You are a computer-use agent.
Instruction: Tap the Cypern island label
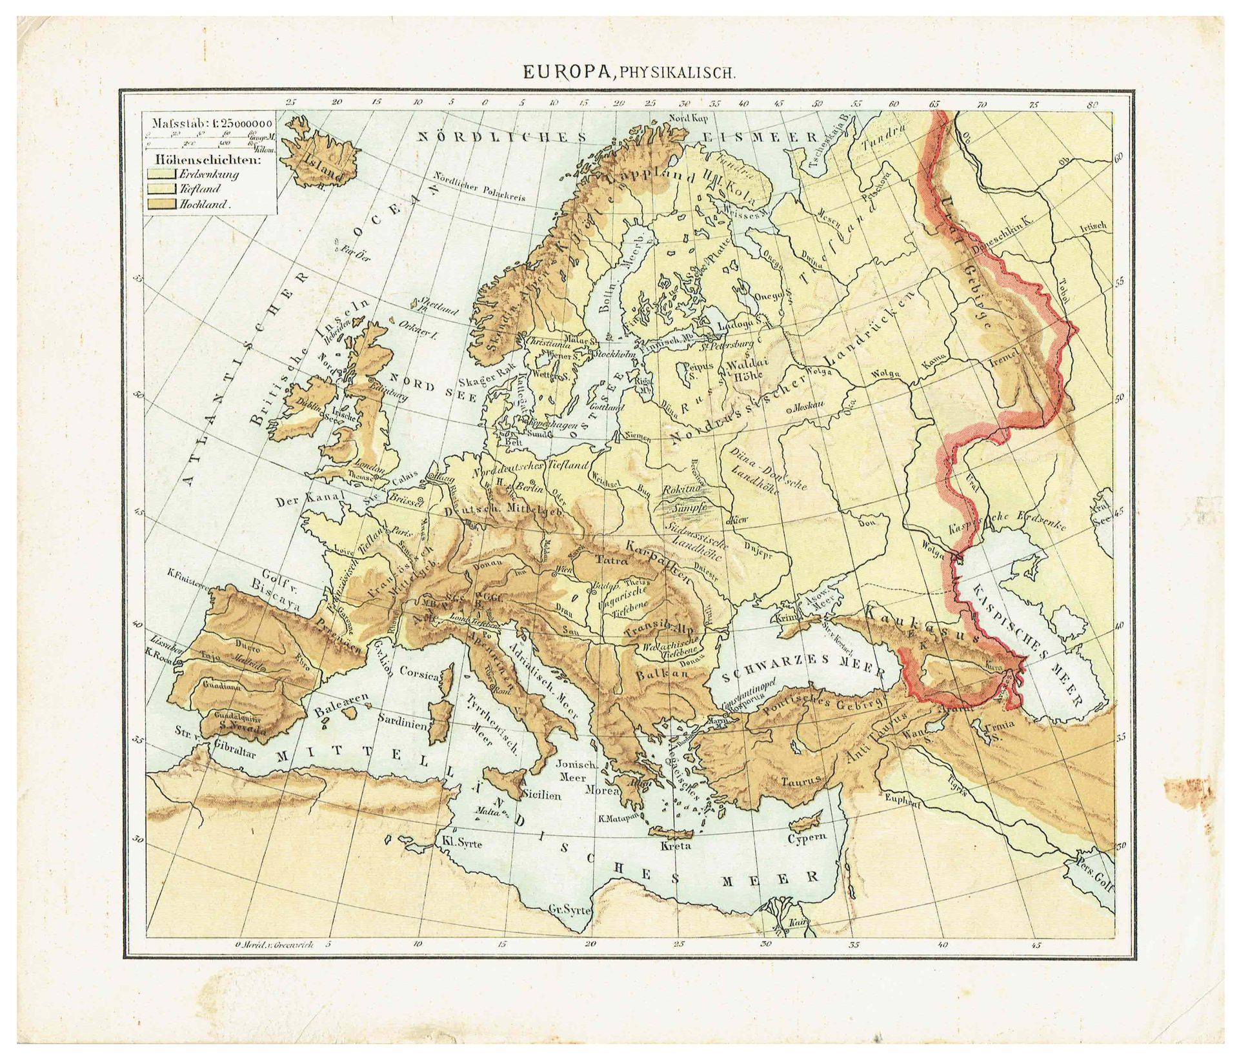(x=807, y=838)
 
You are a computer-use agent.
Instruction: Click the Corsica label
(x=420, y=672)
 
